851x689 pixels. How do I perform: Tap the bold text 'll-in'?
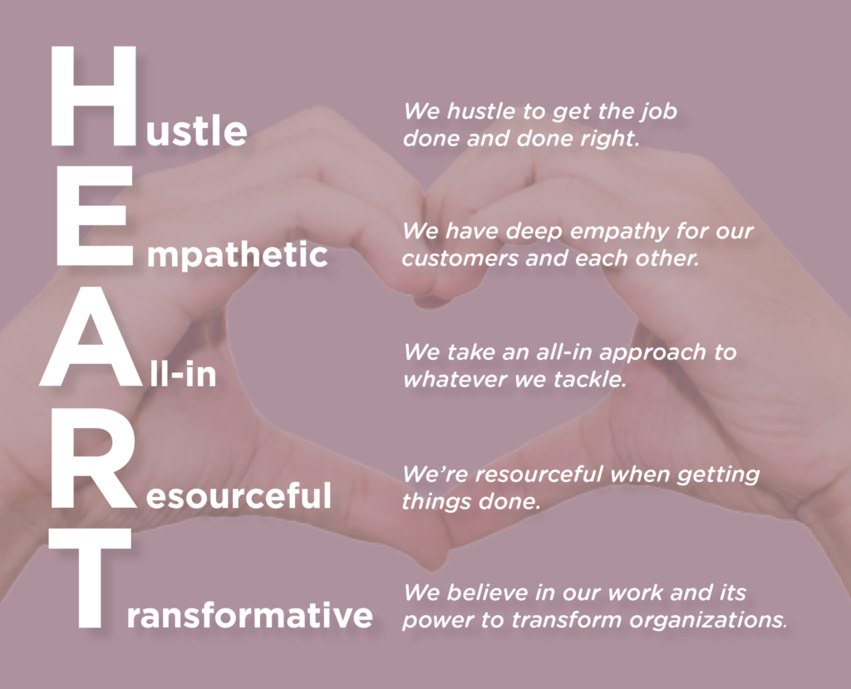[x=184, y=375]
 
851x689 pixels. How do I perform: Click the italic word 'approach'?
[x=645, y=352]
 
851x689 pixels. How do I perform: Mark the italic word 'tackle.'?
[x=589, y=379]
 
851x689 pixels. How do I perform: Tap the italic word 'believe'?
[x=483, y=593]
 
